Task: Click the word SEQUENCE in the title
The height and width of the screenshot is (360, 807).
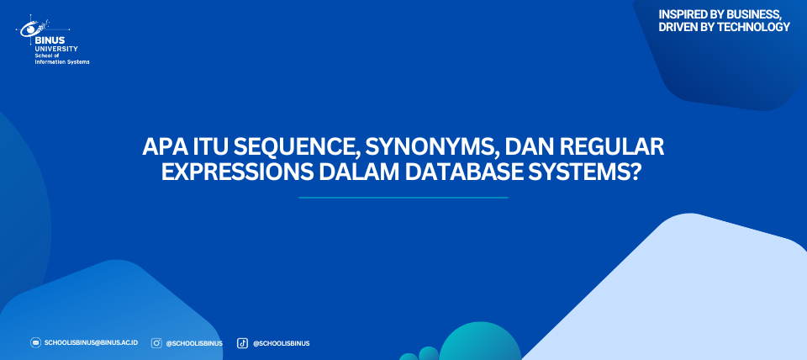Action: tap(298, 148)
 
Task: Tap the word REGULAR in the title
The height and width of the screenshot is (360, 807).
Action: tap(613, 148)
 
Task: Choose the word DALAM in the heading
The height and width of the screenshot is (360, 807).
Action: tap(359, 172)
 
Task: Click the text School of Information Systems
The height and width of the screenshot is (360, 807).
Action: tap(61, 59)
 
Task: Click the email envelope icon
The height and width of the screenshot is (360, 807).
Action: tap(35, 342)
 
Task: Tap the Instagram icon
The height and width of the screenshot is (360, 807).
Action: tap(156, 343)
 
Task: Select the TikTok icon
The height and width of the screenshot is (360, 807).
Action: tap(242, 343)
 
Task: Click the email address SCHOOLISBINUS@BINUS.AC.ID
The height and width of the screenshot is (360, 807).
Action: tap(91, 343)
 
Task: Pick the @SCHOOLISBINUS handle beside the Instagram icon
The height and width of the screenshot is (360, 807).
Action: tap(194, 343)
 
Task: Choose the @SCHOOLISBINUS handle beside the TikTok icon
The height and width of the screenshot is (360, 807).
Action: tap(281, 343)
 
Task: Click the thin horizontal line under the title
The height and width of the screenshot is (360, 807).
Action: tap(403, 198)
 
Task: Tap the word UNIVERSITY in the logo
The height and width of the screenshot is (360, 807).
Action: tap(56, 49)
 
